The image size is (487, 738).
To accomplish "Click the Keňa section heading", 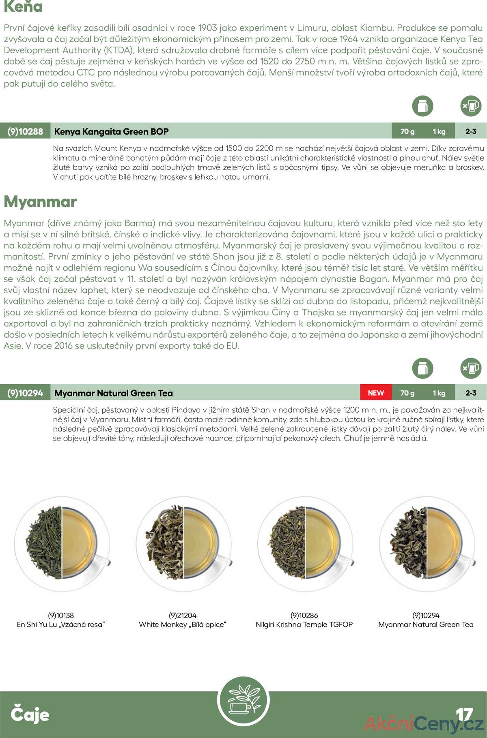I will pos(23,6).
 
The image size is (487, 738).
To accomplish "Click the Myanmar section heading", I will pos(40,201).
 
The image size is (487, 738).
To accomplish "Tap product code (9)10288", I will pos(25,131).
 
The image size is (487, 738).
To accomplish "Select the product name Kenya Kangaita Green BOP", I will pos(111,131).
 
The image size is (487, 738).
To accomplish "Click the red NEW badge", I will pos(376,393).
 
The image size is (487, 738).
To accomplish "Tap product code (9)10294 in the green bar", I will pos(25,393).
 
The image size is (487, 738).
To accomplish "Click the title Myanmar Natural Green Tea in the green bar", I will pos(113,393).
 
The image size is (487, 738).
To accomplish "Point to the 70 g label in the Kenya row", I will pos(407,131).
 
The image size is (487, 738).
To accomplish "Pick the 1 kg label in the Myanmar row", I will pos(439,393).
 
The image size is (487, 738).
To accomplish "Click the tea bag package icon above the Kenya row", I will pos(422,106).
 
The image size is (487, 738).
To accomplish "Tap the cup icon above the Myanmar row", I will pos(471,368).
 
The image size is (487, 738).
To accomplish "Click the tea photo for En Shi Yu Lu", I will pos(62,543).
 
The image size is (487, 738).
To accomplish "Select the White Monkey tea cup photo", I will pos(184,543).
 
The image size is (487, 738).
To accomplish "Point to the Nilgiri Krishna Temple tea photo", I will pos(306,543).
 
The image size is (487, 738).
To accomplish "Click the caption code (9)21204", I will pos(182,615).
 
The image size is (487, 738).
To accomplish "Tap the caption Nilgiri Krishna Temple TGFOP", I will pos(304,625).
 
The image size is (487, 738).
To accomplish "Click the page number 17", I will pos(464,714).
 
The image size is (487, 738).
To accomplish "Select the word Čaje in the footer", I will pos(30,714).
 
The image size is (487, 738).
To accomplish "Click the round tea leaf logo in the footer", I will pos(243,701).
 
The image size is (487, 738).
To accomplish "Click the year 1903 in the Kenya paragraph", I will pos(207,28).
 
